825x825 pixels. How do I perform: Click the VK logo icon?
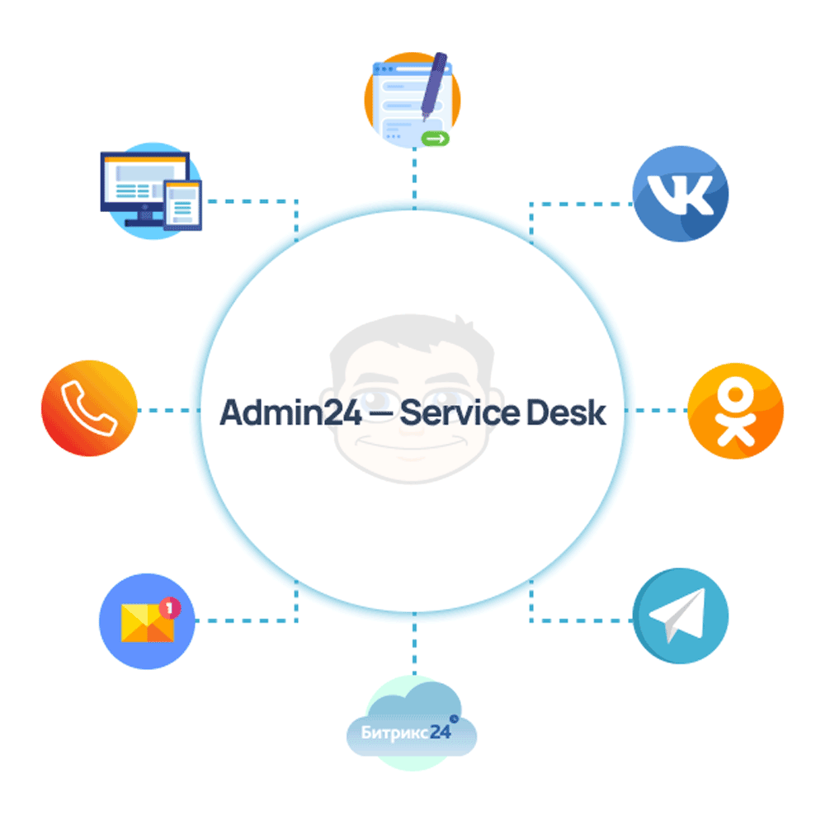click(680, 194)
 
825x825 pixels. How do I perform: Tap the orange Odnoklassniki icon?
click(734, 410)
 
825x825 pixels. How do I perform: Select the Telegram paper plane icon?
click(680, 615)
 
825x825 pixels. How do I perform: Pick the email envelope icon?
click(147, 620)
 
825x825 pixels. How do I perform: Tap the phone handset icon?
click(89, 410)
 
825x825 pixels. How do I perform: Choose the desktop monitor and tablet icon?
click(148, 191)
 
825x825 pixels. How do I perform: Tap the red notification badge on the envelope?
click(170, 608)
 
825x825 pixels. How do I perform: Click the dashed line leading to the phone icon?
click(169, 410)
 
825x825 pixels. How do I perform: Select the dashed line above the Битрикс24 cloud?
click(413, 648)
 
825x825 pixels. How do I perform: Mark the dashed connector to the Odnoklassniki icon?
click(656, 410)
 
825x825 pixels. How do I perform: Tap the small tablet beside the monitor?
click(182, 204)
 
